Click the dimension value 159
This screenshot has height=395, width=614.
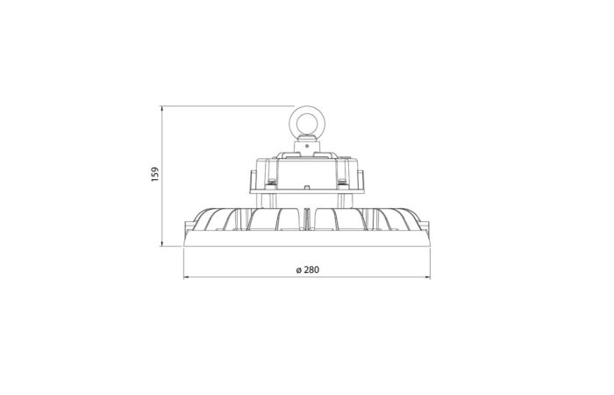coord(154,175)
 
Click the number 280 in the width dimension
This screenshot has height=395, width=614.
coord(309,269)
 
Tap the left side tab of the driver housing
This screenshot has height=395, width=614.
coord(249,180)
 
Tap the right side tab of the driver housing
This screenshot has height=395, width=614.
coord(364,180)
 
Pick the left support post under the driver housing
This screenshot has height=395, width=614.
coord(263,200)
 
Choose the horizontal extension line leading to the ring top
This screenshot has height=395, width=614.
coord(228,105)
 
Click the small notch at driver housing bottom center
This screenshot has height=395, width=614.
coord(306,187)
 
